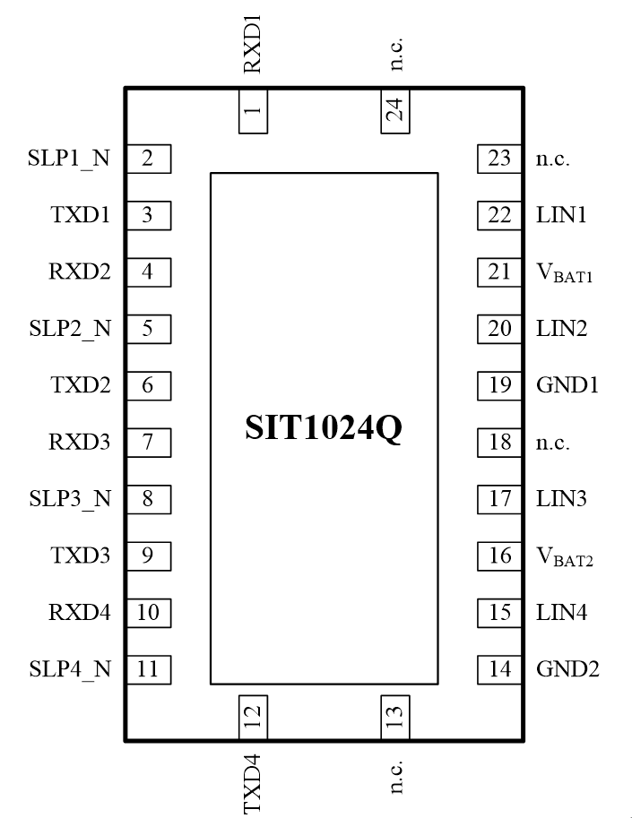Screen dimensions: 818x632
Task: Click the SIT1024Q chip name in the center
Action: pos(324,427)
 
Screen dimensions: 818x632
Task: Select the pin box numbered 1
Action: pos(254,112)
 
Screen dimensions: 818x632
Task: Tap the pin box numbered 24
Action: pos(395,112)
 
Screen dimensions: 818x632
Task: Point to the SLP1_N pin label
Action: pos(69,159)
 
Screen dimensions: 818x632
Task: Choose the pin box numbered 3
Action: pos(148,216)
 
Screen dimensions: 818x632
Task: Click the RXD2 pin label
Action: pos(80,272)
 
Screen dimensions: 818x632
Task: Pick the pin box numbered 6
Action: pos(148,386)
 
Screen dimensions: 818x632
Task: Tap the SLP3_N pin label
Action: pos(69,499)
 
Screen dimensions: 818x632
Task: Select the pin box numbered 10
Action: pos(148,613)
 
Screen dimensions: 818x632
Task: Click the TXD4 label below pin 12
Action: pos(253,784)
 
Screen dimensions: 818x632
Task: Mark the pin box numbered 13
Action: pos(395,716)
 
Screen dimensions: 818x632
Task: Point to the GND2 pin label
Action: pos(567,668)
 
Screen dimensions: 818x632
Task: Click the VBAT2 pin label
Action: pos(564,557)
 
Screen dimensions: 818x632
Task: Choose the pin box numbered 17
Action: pos(499,499)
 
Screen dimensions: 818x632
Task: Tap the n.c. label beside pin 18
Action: pos(552,443)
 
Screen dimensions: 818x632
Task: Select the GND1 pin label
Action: pos(567,386)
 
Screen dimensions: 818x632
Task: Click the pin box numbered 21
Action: pos(499,272)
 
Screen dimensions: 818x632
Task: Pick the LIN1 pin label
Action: pos(561,216)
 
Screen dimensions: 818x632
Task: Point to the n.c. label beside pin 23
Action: pos(552,159)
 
